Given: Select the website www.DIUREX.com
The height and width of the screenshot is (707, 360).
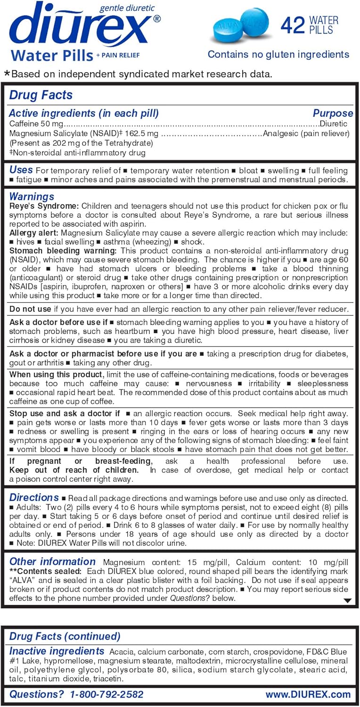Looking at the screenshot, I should [308, 694].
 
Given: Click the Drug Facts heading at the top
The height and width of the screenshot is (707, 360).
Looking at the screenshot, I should [41, 95].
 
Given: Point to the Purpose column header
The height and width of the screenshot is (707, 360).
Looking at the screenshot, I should [333, 113].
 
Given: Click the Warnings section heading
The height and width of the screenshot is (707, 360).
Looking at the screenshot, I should [32, 196].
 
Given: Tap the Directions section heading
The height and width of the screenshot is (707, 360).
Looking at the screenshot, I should [34, 497].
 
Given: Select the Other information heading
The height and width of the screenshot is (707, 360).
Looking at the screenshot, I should [52, 561].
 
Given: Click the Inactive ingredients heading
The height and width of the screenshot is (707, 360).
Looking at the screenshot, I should [57, 651].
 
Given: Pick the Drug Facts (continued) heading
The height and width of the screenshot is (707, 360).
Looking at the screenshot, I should [65, 636].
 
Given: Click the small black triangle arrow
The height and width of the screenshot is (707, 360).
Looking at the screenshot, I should [347, 600].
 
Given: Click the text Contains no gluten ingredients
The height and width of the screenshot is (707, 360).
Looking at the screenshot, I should [278, 54].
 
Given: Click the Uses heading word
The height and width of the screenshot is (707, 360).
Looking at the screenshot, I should [21, 170].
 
